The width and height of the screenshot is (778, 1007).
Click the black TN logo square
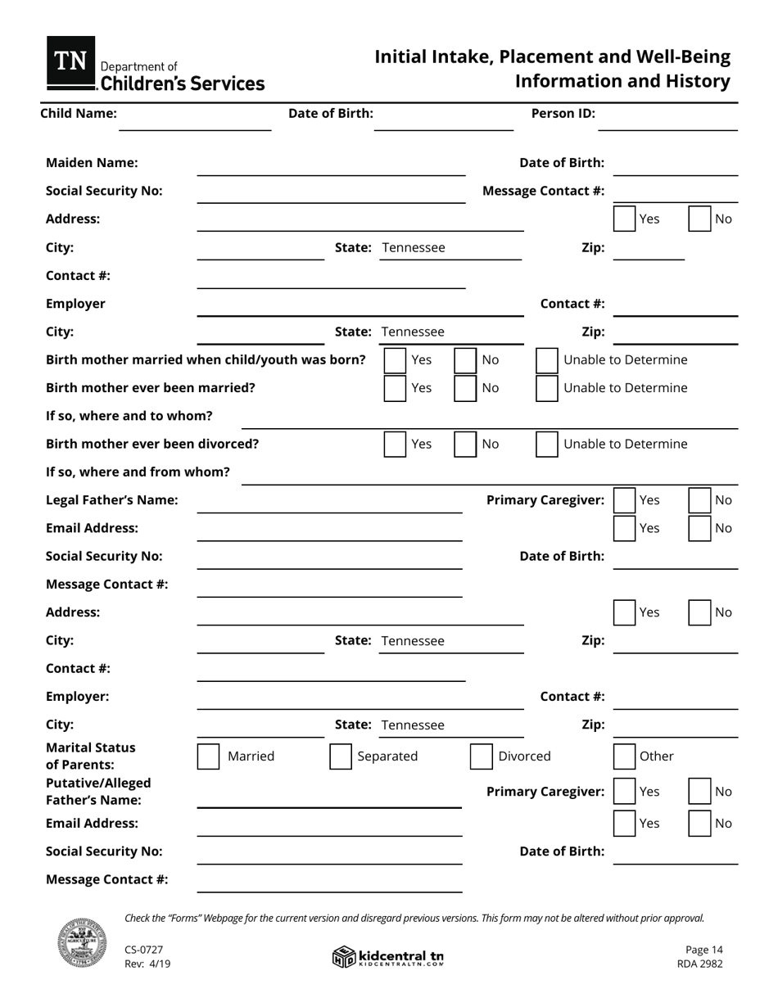point(70,62)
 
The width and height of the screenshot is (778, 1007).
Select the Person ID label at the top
point(563,113)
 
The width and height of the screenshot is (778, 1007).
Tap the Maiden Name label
point(92,163)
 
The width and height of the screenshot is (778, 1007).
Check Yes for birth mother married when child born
point(396,360)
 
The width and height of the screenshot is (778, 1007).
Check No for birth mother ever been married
point(465,388)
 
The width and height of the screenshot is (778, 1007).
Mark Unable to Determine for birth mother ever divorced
point(547,444)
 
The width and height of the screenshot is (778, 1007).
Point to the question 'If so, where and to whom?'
point(129,416)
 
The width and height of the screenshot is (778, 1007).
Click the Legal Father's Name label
point(111,500)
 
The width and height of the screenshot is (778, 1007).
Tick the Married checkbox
point(209,756)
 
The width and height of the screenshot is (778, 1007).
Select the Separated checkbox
point(341,756)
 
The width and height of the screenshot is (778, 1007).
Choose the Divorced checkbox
point(482,756)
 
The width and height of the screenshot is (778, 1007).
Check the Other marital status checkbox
point(624,756)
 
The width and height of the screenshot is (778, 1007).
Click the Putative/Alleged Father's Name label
point(98,792)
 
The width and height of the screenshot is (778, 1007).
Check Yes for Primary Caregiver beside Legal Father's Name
point(624,500)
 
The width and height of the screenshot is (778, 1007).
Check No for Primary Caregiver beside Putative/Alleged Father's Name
point(699,792)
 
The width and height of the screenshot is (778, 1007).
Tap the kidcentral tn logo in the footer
point(388,956)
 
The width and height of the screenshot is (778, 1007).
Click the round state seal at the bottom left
point(82,943)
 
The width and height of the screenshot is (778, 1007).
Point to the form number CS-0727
point(144,950)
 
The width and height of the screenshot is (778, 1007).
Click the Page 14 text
point(703,950)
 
